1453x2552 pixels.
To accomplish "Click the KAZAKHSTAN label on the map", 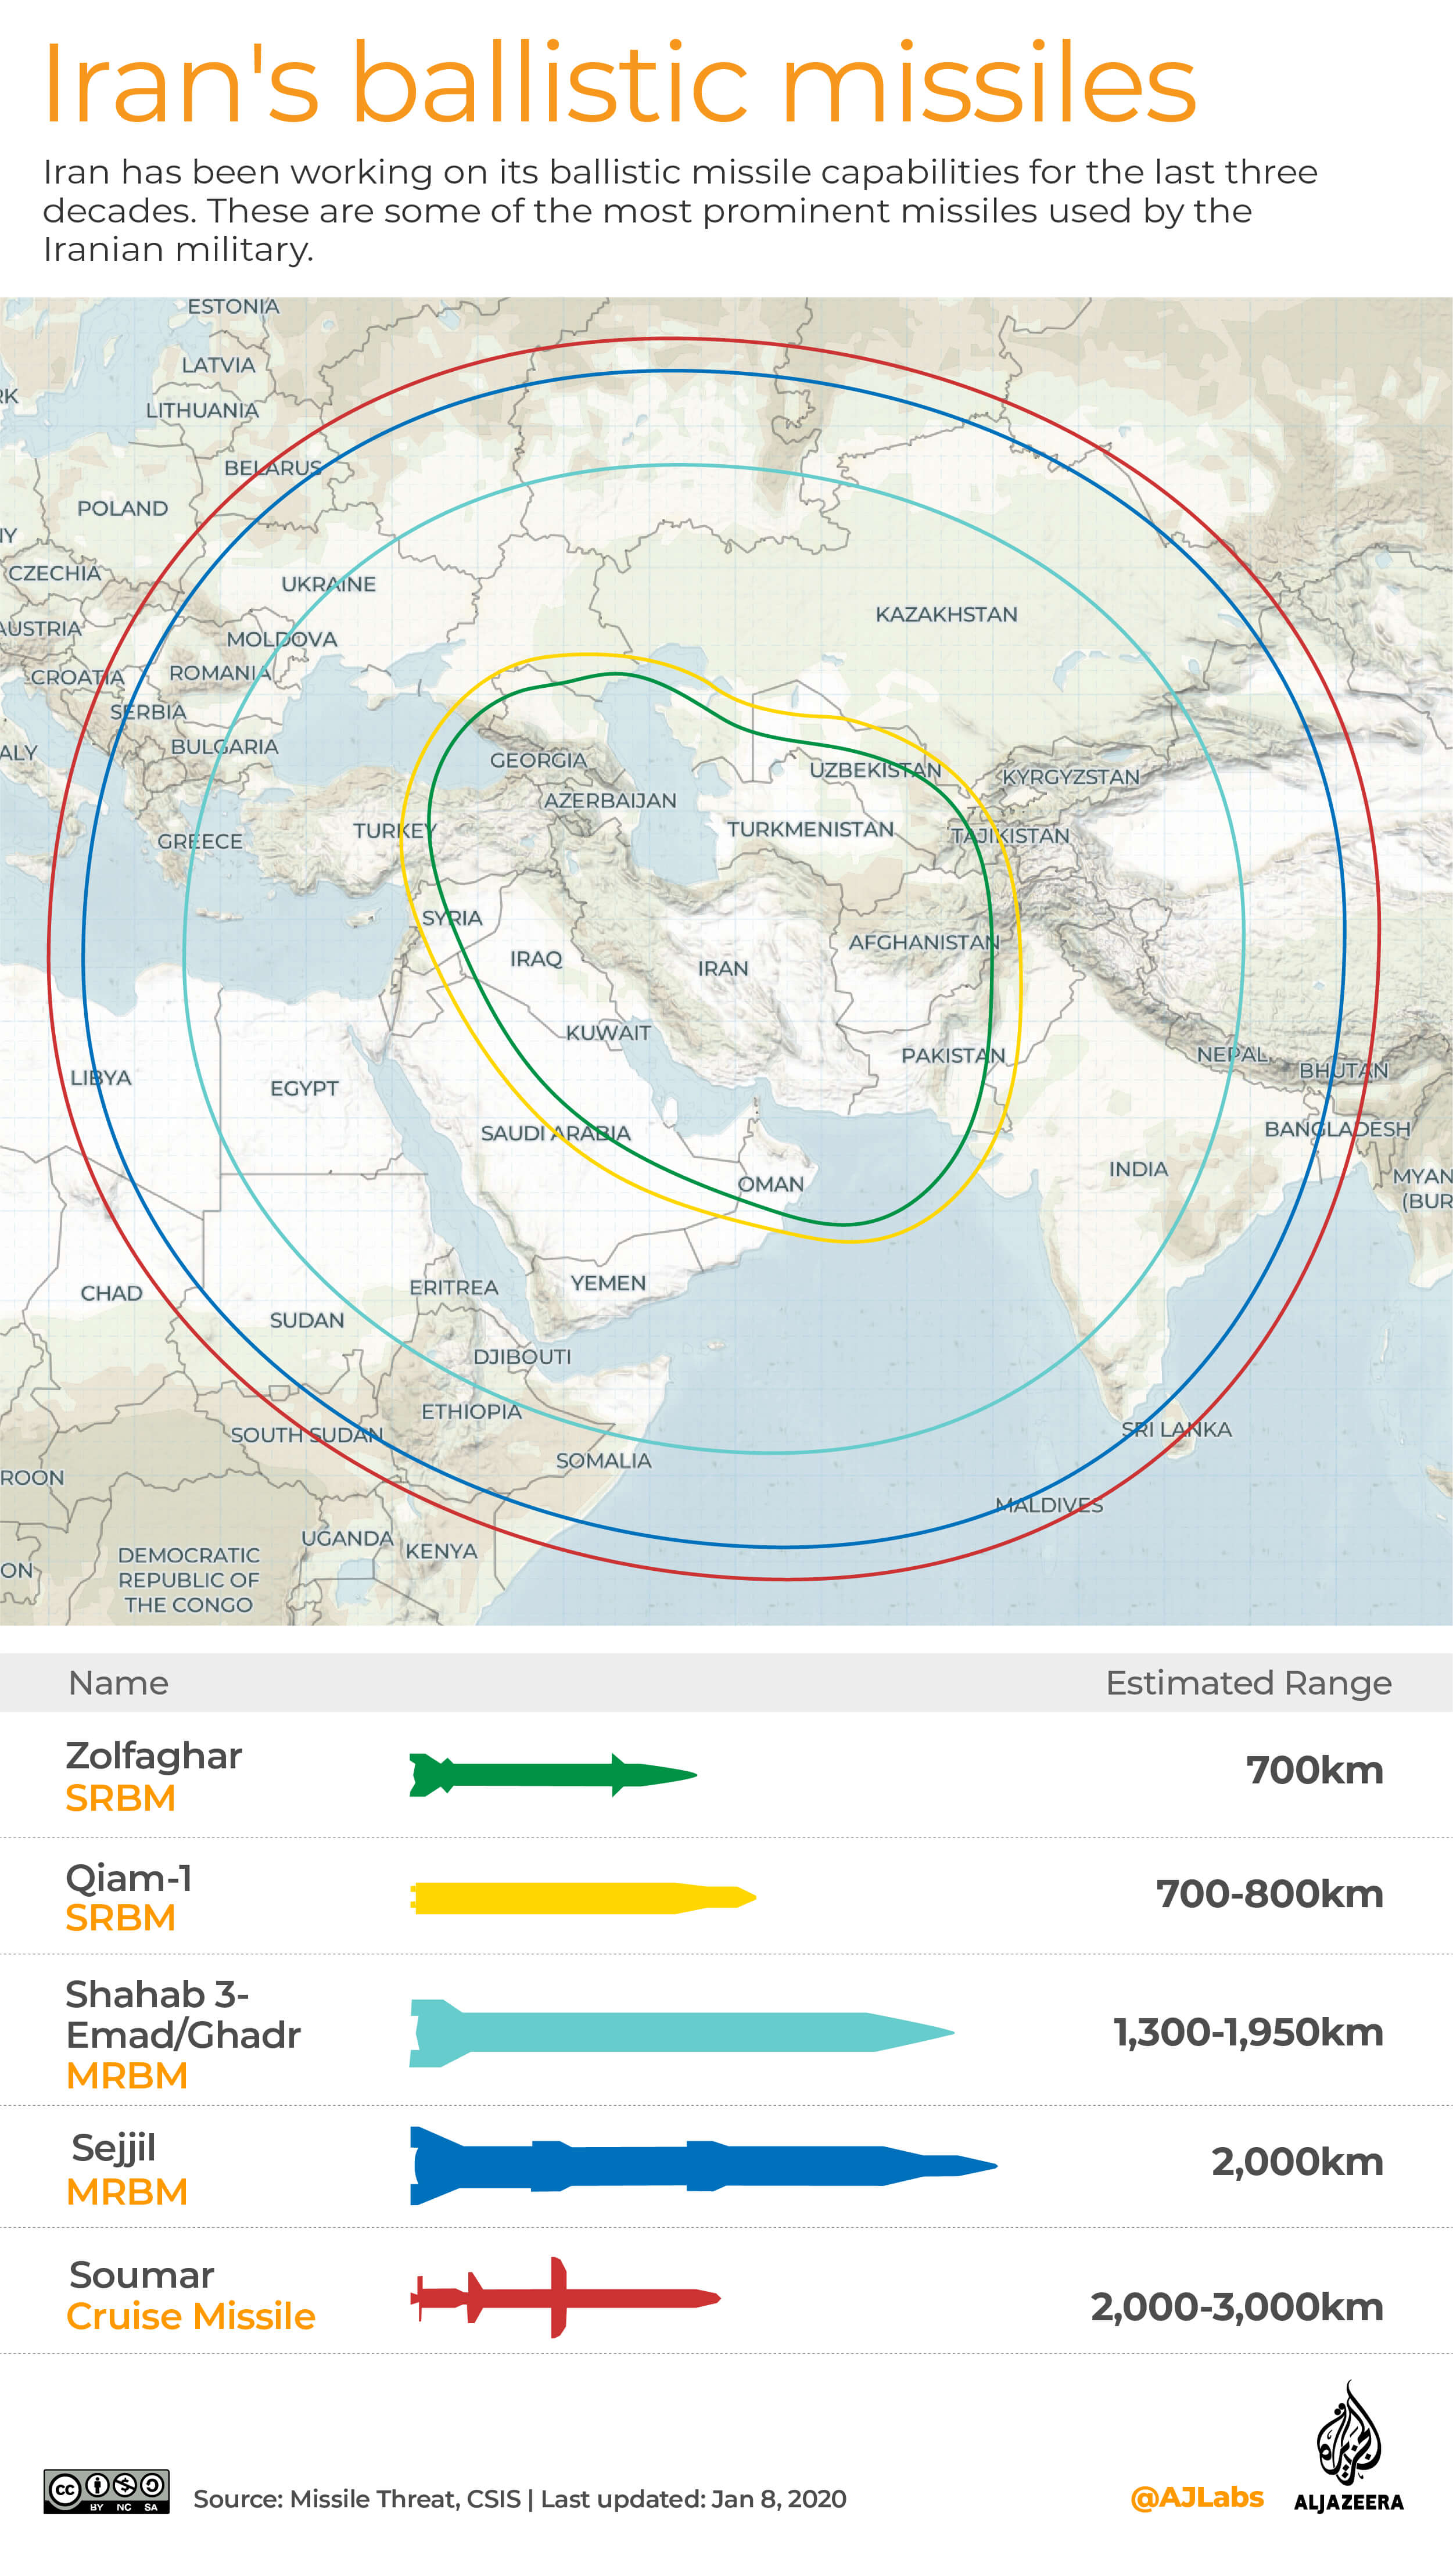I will click(946, 615).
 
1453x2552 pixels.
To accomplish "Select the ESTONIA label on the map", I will click(234, 306).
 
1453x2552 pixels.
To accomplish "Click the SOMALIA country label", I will click(603, 1460).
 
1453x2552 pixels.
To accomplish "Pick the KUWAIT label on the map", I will click(608, 1032).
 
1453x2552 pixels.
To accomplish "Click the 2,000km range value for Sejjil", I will click(1296, 2162).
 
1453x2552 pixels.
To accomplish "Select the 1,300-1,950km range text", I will click(1247, 2032).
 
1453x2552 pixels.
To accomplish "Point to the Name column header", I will click(118, 1683).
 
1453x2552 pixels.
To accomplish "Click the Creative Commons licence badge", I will click(106, 2491).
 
